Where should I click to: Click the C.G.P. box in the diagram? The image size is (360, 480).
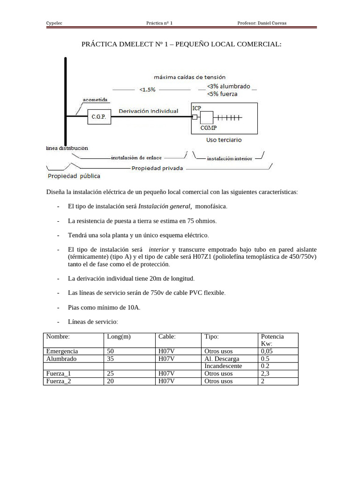click(98, 117)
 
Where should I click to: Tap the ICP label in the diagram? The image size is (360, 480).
click(197, 108)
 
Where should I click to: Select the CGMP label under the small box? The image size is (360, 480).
click(208, 127)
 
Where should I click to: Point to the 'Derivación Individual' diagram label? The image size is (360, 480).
click(148, 111)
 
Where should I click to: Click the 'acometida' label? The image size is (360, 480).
click(95, 99)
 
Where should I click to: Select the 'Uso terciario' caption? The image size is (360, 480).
click(224, 140)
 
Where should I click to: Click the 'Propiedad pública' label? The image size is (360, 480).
click(74, 176)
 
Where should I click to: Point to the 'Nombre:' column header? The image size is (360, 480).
click(58, 337)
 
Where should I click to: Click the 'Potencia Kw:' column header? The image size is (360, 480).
click(272, 340)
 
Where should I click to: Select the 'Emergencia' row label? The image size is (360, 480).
click(62, 351)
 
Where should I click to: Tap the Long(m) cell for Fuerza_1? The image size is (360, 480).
click(111, 374)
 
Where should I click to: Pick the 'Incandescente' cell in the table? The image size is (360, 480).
click(223, 366)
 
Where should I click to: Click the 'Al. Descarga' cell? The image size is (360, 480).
click(222, 359)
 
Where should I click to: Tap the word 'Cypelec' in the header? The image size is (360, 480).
click(54, 23)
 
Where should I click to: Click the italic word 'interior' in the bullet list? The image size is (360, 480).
click(159, 250)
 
